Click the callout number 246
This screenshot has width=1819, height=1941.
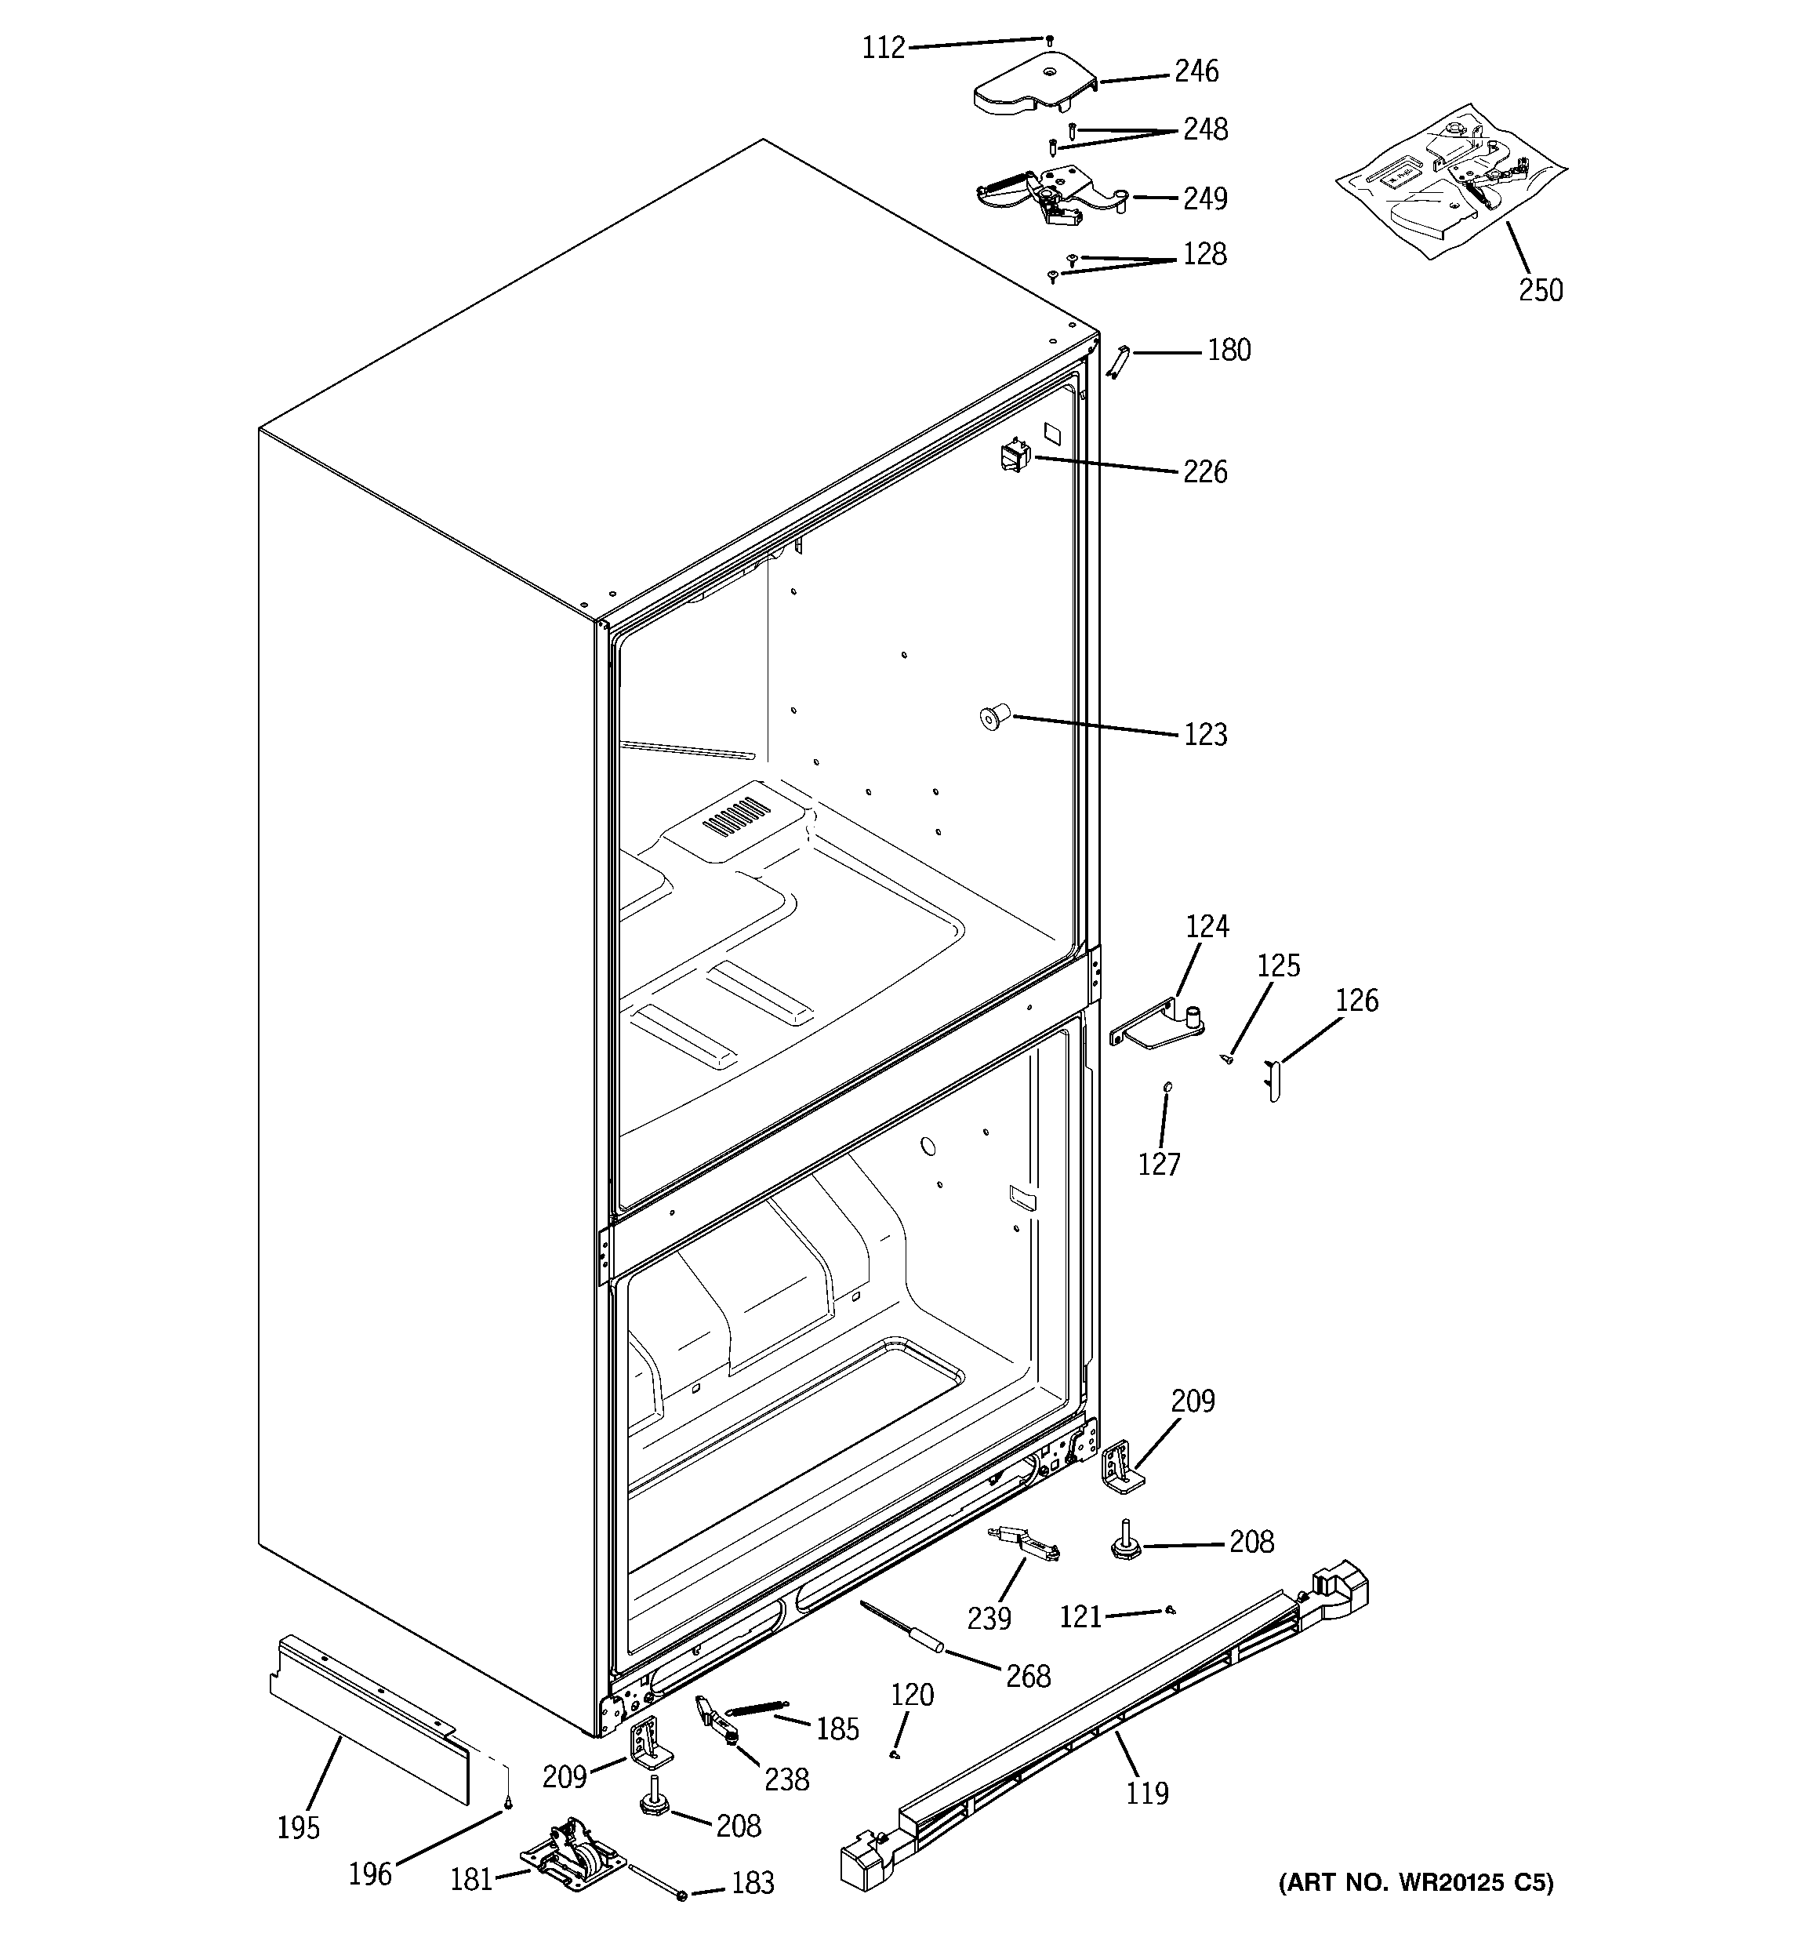coord(1196,71)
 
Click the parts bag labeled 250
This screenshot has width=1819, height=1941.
coord(1449,180)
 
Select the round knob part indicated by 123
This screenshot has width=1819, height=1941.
coord(993,721)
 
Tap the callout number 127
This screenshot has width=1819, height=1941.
coord(1159,1164)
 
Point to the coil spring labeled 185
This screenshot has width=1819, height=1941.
coord(757,1707)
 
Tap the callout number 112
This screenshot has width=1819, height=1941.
coord(883,48)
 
